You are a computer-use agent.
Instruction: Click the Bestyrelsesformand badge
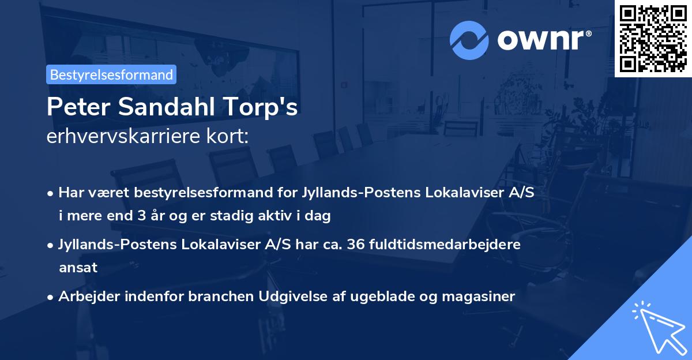(111, 74)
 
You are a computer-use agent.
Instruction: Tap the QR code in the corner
(653, 38)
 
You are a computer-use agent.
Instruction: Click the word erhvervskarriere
(121, 137)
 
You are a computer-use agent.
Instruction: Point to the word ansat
(78, 268)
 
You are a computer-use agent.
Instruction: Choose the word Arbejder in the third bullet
(86, 297)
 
